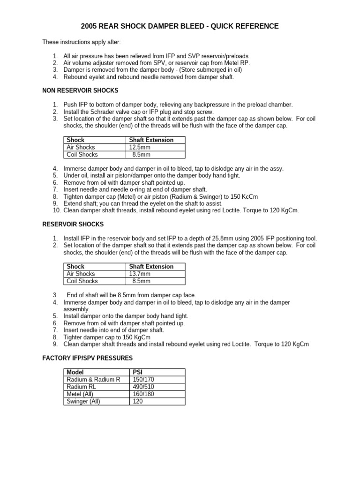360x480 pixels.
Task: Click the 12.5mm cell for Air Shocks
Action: click(140, 147)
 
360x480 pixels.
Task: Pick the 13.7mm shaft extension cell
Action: click(140, 274)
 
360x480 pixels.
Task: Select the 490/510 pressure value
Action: click(144, 387)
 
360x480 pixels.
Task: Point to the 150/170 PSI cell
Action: click(144, 379)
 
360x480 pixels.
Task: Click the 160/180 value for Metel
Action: click(144, 394)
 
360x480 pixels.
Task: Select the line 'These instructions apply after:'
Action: click(82, 42)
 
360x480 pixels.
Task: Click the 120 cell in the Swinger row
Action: click(138, 402)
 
